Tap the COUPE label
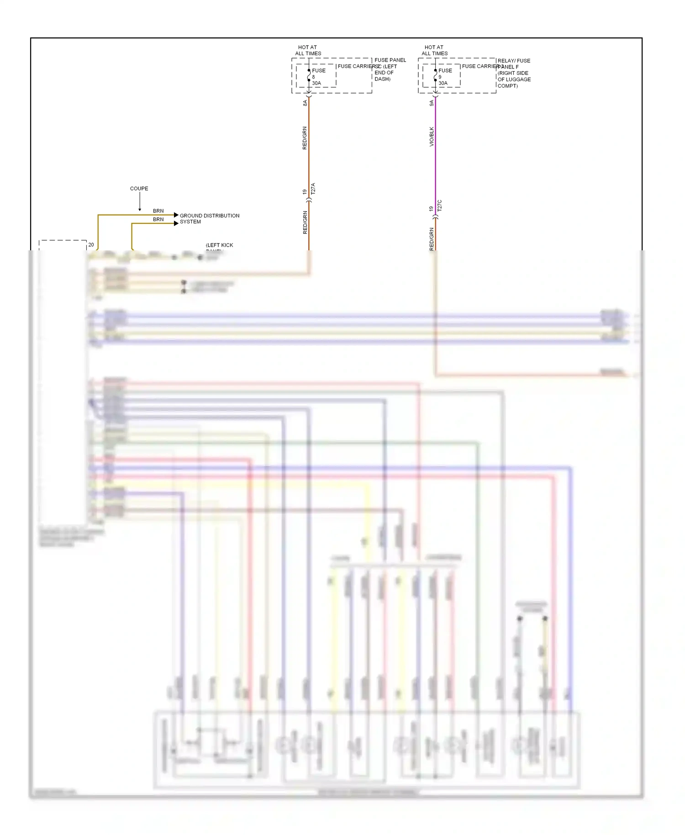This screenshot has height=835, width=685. (139, 189)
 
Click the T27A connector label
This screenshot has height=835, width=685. (313, 189)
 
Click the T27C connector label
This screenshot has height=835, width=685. (440, 206)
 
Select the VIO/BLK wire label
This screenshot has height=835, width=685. (432, 137)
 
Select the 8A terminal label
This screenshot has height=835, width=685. (305, 103)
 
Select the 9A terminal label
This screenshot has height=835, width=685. (432, 103)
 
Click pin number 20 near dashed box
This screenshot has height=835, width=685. (91, 245)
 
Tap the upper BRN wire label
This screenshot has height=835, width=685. (158, 211)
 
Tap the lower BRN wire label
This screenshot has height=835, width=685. (158, 219)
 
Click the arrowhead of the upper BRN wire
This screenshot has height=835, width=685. (176, 215)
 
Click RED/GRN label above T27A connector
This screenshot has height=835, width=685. (305, 138)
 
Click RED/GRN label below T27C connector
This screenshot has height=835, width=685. (432, 238)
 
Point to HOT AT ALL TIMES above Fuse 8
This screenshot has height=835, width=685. (308, 50)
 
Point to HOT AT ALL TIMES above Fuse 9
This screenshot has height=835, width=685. (434, 50)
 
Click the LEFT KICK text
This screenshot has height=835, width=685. (219, 245)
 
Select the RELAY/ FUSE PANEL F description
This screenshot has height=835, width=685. (514, 73)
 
